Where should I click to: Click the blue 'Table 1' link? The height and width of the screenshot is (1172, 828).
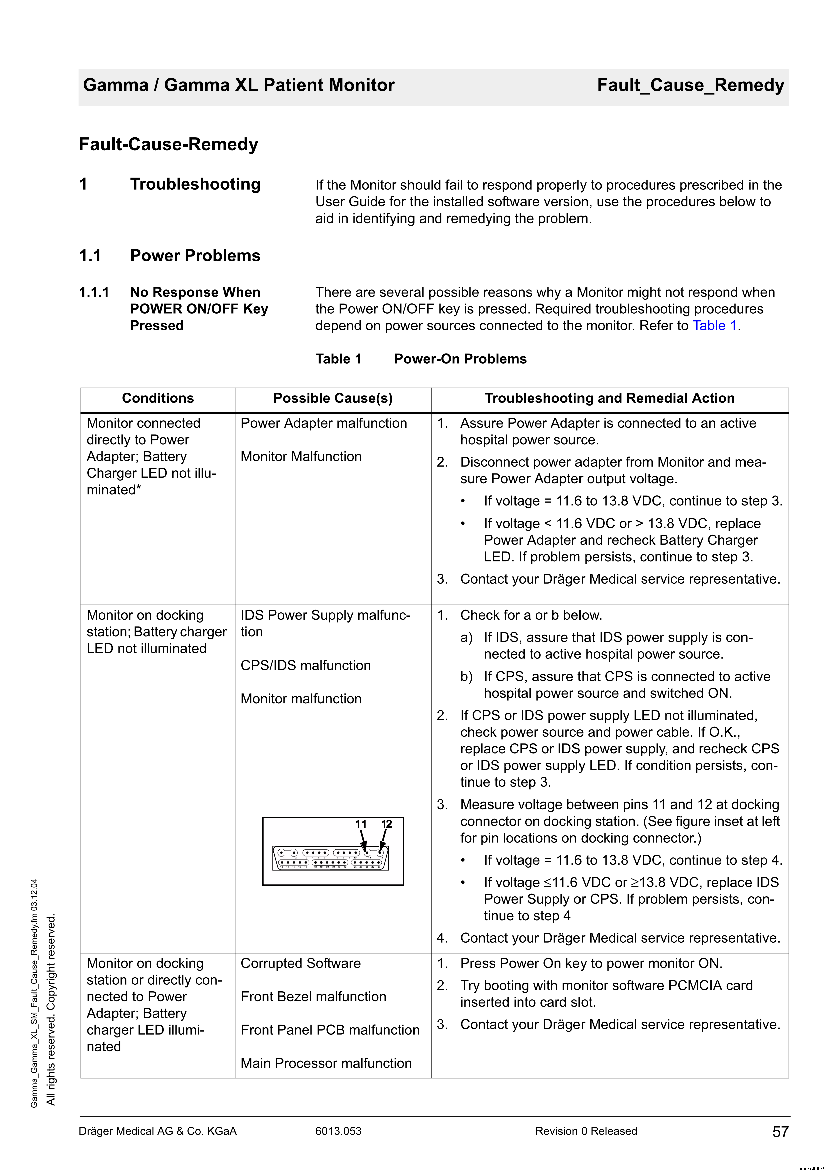714,326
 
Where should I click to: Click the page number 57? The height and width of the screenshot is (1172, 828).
780,1132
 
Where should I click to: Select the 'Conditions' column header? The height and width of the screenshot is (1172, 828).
158,398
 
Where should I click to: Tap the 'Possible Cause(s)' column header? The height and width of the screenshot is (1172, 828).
333,398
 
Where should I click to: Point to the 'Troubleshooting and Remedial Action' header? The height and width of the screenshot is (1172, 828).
609,398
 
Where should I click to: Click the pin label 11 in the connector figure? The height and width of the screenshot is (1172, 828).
361,824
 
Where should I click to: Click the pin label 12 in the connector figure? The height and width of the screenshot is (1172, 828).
387,824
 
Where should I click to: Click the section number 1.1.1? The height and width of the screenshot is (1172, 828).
94,292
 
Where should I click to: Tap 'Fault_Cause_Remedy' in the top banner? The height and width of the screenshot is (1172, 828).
690,85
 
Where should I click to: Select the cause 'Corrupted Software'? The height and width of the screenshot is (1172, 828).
301,963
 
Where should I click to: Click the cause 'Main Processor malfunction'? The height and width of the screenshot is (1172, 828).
326,1063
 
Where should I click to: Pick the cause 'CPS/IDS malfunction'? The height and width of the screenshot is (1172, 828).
306,665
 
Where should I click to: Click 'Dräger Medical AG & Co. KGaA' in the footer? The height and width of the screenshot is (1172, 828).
158,1131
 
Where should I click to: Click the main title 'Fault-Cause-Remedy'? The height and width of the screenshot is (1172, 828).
168,144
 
